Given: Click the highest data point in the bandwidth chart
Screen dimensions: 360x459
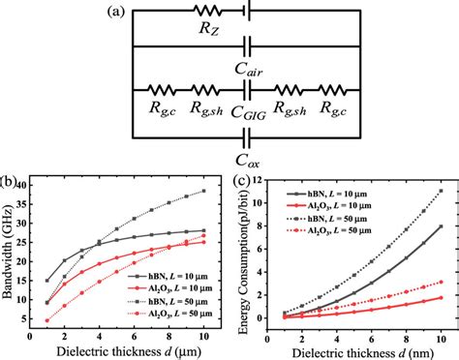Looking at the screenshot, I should pyautogui.click(x=202, y=191).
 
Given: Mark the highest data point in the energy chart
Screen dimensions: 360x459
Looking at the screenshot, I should pyautogui.click(x=442, y=192).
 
